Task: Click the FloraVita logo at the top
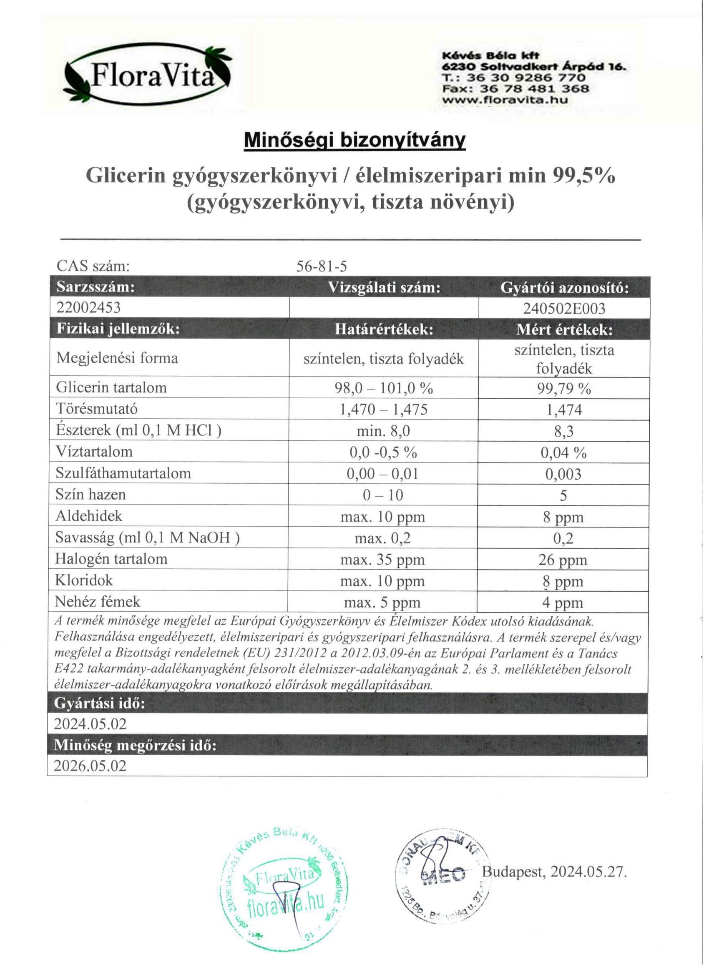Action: click(148, 76)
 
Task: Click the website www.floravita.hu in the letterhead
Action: click(505, 100)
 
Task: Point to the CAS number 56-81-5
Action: click(322, 267)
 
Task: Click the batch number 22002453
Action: click(88, 307)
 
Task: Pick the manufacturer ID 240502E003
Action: click(564, 308)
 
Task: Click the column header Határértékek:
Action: click(384, 329)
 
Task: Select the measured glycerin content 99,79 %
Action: click(564, 389)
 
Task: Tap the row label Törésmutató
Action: click(97, 408)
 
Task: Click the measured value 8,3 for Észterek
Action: click(564, 431)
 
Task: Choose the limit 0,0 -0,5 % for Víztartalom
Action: click(383, 452)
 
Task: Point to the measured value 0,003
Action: click(563, 474)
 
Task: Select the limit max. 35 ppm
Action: click(383, 560)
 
